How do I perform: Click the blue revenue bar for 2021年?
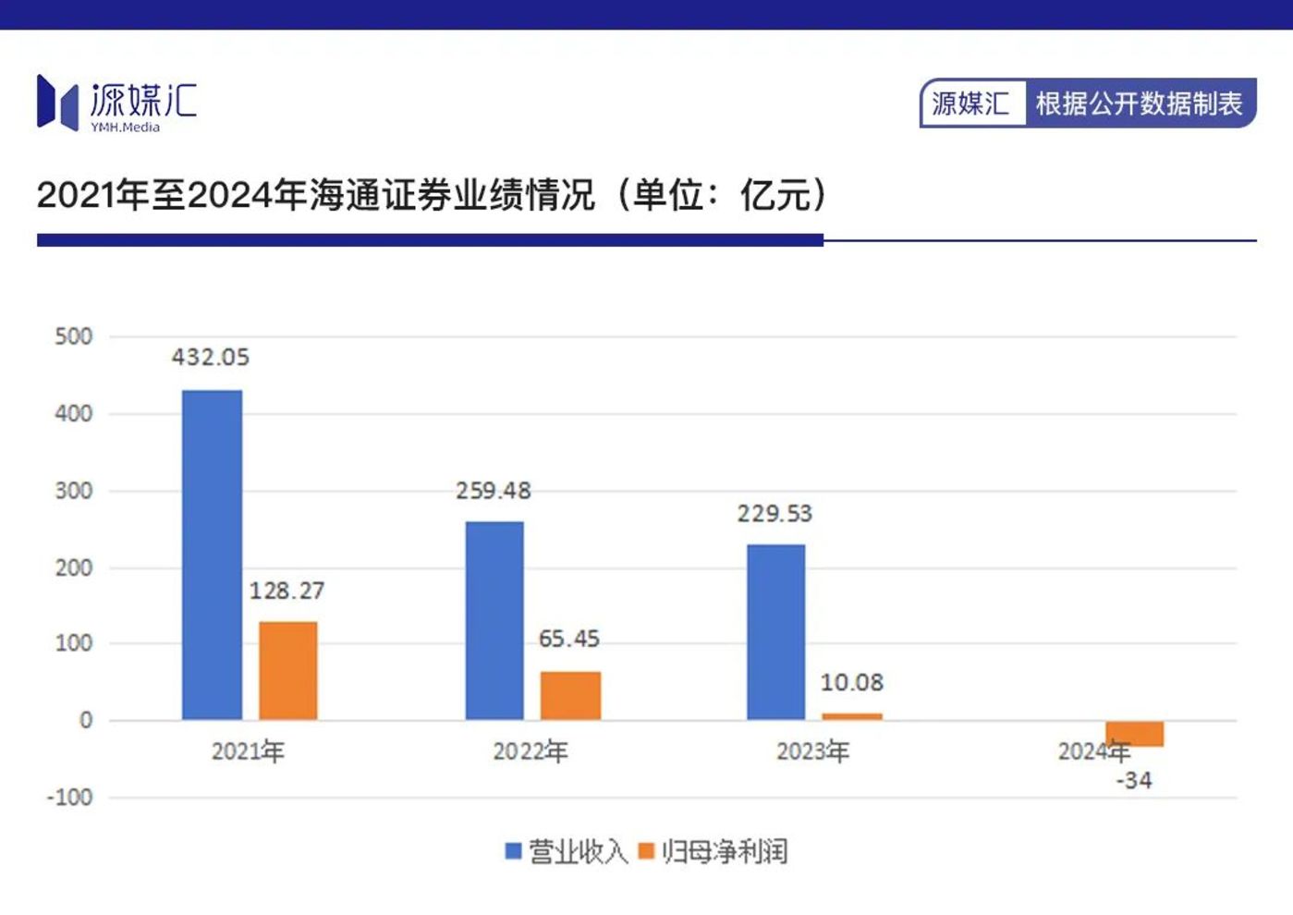click(212, 555)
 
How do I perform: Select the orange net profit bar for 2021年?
click(287, 671)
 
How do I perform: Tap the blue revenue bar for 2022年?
click(494, 620)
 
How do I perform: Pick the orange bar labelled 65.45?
click(570, 696)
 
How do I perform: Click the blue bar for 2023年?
click(775, 632)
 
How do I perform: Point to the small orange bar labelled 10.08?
click(851, 716)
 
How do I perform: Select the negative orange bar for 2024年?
click(1134, 734)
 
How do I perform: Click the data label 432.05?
click(211, 358)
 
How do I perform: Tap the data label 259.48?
click(494, 491)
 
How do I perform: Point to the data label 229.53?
click(775, 514)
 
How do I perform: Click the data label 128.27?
click(287, 591)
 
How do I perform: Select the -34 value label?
click(1134, 781)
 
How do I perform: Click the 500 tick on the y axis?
click(74, 336)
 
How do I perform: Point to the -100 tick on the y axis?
click(70, 798)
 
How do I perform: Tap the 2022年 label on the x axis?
click(531, 751)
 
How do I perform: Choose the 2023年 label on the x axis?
click(812, 751)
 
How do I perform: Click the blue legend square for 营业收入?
click(514, 851)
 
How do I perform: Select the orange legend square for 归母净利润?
click(646, 851)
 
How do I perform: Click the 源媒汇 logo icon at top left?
click(56, 102)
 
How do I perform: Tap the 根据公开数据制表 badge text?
click(1139, 104)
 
